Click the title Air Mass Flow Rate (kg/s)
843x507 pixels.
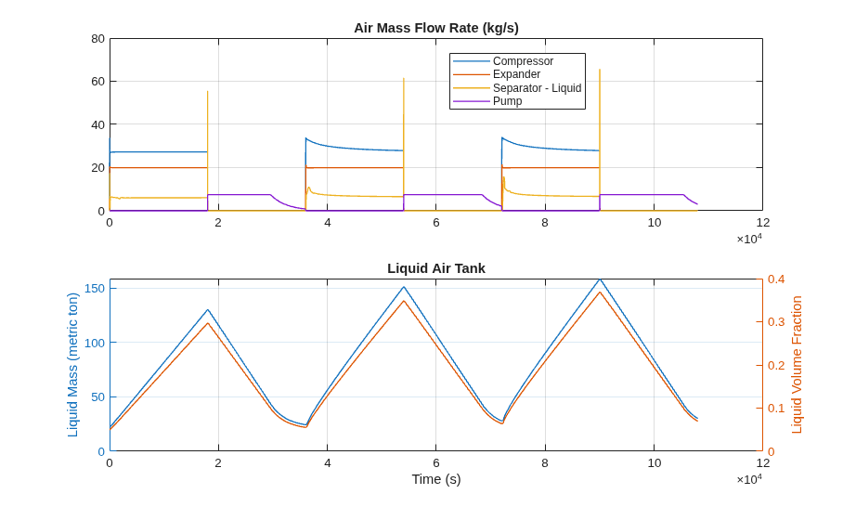tap(436, 28)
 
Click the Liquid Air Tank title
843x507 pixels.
tap(436, 268)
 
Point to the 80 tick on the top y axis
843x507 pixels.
tap(97, 39)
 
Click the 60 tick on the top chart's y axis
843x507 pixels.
tap(97, 81)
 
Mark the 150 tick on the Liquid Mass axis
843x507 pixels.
tap(95, 289)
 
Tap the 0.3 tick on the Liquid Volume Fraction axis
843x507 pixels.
tap(776, 322)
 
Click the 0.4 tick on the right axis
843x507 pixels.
tap(776, 279)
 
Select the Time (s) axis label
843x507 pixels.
tap(436, 479)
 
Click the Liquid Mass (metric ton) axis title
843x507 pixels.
tap(72, 365)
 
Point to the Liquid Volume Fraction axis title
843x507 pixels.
tap(797, 365)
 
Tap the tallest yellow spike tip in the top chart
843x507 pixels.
tap(600, 70)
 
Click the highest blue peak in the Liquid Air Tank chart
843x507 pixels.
tap(600, 279)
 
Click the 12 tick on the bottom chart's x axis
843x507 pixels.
tap(763, 463)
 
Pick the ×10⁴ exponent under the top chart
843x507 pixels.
tap(749, 238)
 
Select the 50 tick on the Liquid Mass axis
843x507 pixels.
tap(97, 397)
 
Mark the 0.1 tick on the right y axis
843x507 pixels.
tap(776, 409)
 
